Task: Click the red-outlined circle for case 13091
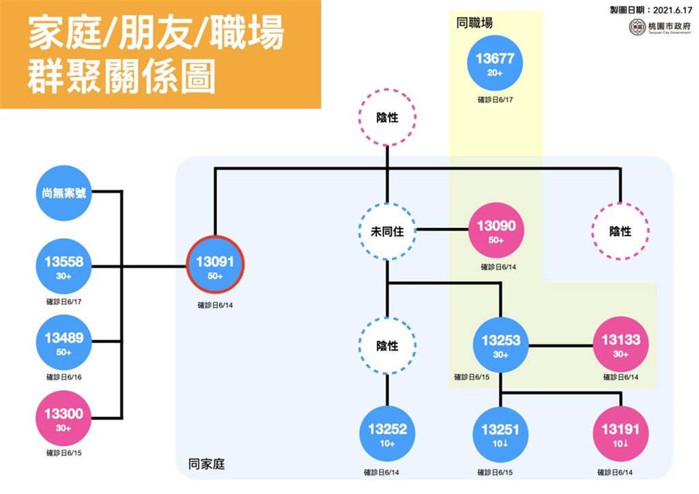(x=215, y=265)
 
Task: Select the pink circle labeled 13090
(x=496, y=231)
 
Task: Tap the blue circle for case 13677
(x=495, y=63)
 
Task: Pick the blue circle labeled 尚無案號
(x=63, y=193)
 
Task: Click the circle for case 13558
(x=63, y=266)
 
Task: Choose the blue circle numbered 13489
(x=63, y=342)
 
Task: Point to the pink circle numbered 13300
(x=63, y=418)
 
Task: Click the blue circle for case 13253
(x=500, y=345)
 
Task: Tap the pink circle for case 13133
(x=620, y=345)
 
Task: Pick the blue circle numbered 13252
(x=388, y=433)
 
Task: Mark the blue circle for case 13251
(x=500, y=434)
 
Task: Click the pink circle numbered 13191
(x=620, y=434)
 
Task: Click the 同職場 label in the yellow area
(x=474, y=23)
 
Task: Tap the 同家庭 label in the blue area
(x=206, y=464)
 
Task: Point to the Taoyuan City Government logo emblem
(x=637, y=27)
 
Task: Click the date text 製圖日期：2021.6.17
(x=651, y=10)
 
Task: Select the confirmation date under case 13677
(x=496, y=100)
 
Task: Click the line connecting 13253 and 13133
(x=561, y=345)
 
